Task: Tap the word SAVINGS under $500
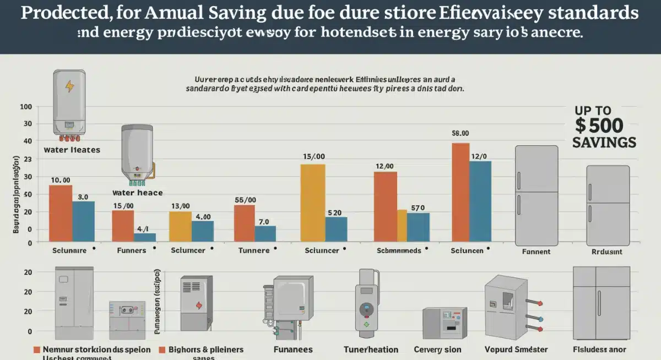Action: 604,142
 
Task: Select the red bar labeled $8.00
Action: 460,192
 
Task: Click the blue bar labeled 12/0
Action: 480,201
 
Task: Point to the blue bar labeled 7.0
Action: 265,233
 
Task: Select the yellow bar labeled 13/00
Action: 180,226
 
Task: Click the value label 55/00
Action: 245,200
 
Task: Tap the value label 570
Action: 418,208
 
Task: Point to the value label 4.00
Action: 203,216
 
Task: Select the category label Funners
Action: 132,250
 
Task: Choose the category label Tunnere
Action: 253,250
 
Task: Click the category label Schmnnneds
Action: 399,250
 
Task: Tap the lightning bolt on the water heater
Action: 69,86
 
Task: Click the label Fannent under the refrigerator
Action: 537,252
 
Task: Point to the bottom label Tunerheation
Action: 371,350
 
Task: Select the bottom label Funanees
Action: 292,350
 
